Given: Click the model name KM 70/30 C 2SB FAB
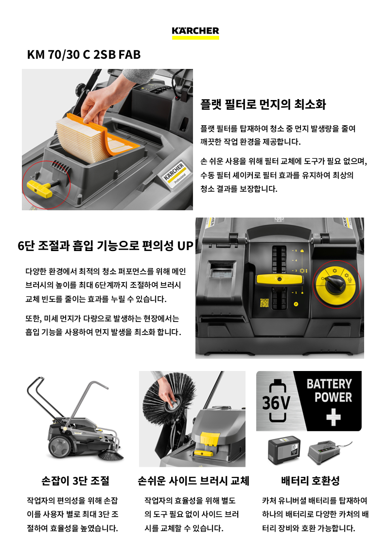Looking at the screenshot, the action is tap(84, 54).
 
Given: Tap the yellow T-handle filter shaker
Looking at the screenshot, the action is tap(41, 186).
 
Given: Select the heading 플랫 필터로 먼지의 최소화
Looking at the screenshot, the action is tap(263, 104).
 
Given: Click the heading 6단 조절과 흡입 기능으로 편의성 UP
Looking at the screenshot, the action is tap(105, 246).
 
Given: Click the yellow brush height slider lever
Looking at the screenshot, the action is tap(280, 279).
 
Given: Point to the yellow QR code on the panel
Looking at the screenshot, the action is tap(264, 303).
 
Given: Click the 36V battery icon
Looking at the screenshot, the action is tap(277, 401).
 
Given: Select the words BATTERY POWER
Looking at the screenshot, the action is tap(330, 390).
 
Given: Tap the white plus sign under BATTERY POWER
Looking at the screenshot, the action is tap(333, 417).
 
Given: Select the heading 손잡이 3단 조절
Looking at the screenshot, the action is tap(75, 481).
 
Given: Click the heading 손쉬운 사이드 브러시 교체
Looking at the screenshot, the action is tap(193, 481).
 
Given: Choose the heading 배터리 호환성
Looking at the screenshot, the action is tap(311, 481).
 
